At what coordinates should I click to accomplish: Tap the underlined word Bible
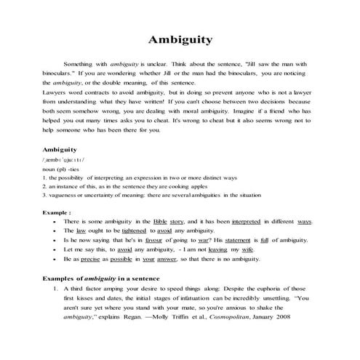[x=162, y=220]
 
